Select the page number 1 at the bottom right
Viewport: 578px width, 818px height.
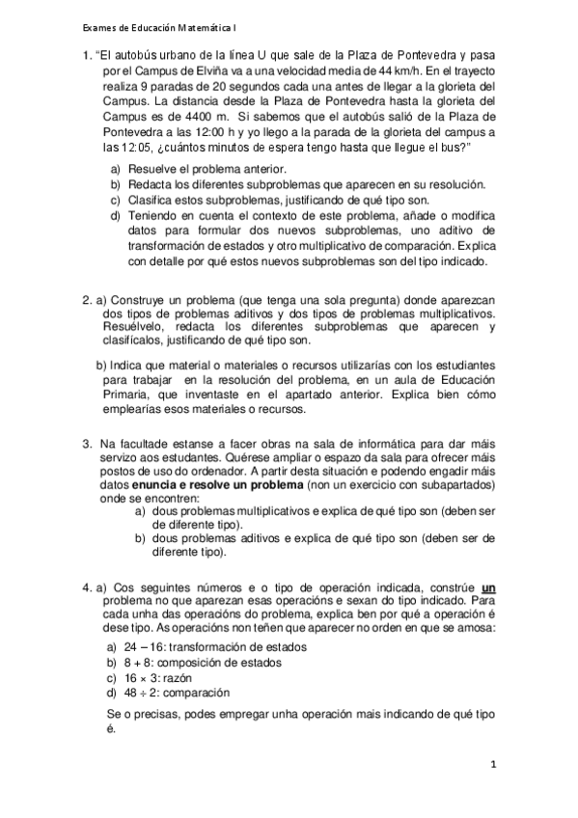[x=492, y=764]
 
